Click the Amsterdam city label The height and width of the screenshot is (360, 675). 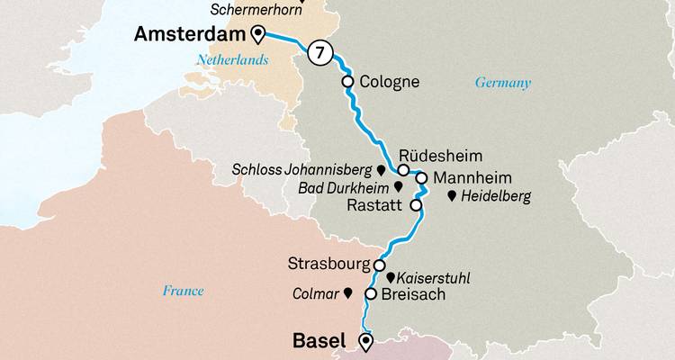point(191,35)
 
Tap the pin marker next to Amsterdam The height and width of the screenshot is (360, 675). point(259,35)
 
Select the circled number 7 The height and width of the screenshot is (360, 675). point(318,53)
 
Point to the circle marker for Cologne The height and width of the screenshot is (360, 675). point(348,82)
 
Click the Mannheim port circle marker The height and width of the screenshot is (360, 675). point(420,177)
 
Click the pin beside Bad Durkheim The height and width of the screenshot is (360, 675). point(398,187)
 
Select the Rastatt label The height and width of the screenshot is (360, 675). point(376,205)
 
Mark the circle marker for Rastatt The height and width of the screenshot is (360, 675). point(416,205)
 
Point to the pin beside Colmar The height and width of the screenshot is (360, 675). point(348,293)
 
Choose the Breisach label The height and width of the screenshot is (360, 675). point(414,294)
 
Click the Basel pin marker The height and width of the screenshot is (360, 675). point(365,341)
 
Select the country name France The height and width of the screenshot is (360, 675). point(183,291)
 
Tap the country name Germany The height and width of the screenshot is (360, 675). point(502,84)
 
